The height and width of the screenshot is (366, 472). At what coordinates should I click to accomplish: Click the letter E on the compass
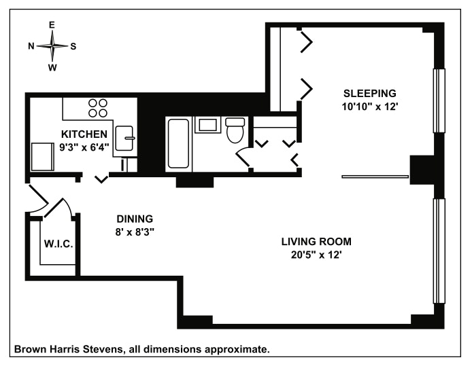coord(52,25)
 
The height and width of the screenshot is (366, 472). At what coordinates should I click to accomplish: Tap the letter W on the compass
coord(52,67)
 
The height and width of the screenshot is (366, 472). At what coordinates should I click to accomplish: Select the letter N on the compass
coord(31,46)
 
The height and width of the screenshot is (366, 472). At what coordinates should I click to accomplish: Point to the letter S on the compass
coord(73,46)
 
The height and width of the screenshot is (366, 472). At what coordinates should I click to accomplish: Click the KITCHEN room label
coord(84,133)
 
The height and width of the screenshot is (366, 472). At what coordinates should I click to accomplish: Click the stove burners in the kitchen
coord(98,108)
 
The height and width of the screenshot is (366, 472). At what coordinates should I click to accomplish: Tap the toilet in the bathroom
coord(235,131)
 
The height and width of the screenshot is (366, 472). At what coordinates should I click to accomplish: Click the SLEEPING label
coord(369,93)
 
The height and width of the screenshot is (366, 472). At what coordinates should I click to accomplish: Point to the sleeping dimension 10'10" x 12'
coord(369,106)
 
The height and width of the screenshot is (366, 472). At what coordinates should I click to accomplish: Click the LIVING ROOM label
coord(317,242)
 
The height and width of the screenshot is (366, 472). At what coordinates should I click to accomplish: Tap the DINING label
coord(135,219)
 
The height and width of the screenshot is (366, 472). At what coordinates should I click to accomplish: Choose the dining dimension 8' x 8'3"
coord(135,231)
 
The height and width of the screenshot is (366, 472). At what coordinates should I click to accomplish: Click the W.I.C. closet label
coord(58,244)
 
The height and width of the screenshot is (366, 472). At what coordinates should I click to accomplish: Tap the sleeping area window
coord(439,101)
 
